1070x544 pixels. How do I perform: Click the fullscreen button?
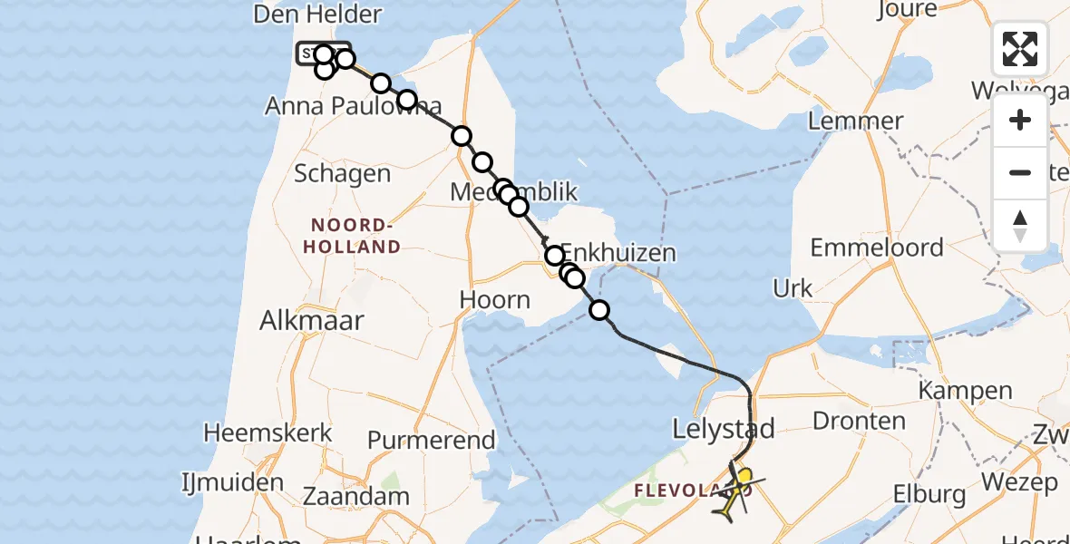point(1020,49)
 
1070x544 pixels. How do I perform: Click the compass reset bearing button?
point(1020,226)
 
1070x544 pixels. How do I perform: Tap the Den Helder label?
point(318,15)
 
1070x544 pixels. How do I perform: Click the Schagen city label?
point(343,173)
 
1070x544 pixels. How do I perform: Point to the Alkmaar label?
point(312,320)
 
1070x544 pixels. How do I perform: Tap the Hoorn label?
point(494,299)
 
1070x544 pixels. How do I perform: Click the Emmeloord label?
point(877,247)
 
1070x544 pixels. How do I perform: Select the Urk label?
point(793,289)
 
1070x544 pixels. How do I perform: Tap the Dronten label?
point(859,422)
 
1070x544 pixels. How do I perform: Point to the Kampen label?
point(965,391)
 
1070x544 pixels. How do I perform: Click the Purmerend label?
point(432,441)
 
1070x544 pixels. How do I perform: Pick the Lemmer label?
point(855,121)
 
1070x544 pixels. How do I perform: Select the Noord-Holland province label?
point(355,236)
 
